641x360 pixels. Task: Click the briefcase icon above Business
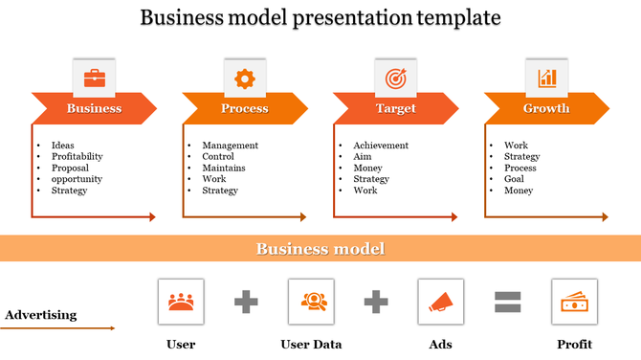pyautogui.click(x=95, y=78)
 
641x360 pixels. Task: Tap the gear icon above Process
pyautogui.click(x=245, y=78)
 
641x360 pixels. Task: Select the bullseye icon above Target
pyautogui.click(x=395, y=78)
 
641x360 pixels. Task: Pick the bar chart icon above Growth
pyautogui.click(x=546, y=78)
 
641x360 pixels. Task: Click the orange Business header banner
pyautogui.click(x=94, y=108)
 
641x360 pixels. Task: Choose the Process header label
pyautogui.click(x=245, y=108)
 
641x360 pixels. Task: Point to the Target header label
pyautogui.click(x=395, y=108)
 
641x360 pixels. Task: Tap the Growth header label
pyautogui.click(x=546, y=108)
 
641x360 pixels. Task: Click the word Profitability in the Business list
pyautogui.click(x=77, y=156)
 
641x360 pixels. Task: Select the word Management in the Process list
pyautogui.click(x=230, y=146)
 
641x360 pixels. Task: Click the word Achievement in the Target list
pyautogui.click(x=381, y=146)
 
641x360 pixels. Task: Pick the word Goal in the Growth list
pyautogui.click(x=514, y=179)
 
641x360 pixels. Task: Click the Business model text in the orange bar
pyautogui.click(x=320, y=249)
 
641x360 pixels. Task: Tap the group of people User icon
pyautogui.click(x=180, y=302)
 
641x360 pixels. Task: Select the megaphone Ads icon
pyautogui.click(x=441, y=302)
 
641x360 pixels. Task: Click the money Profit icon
pyautogui.click(x=574, y=302)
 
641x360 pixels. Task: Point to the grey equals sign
pyautogui.click(x=507, y=303)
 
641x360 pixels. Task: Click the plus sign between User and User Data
pyautogui.click(x=247, y=303)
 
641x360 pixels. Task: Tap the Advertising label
pyautogui.click(x=41, y=315)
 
